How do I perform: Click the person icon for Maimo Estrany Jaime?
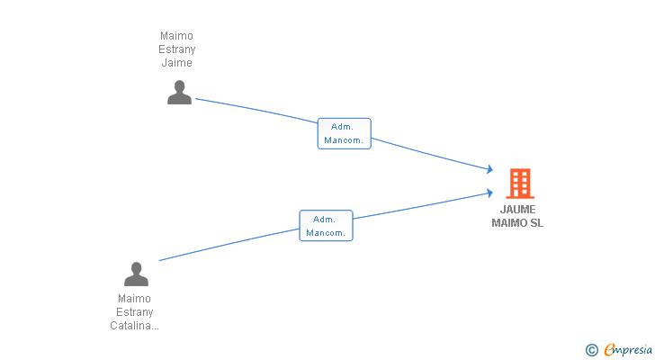(x=180, y=93)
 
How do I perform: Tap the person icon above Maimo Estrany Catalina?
(x=136, y=274)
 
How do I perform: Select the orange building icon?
(x=520, y=184)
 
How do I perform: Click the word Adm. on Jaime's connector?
(x=342, y=127)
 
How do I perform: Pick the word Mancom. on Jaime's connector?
(x=344, y=140)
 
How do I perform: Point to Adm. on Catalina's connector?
(x=324, y=220)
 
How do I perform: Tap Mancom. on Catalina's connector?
(x=326, y=233)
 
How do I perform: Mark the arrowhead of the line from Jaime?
(x=490, y=169)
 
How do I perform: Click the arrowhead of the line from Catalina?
(x=490, y=193)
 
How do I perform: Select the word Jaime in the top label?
(x=177, y=63)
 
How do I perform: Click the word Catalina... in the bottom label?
(x=135, y=326)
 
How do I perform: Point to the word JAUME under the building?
(x=518, y=210)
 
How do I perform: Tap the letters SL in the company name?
(x=537, y=223)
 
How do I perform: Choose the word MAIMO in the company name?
(x=509, y=223)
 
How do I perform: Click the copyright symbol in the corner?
(x=592, y=350)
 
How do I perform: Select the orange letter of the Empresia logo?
(x=610, y=349)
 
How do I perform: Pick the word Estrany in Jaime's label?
(x=177, y=49)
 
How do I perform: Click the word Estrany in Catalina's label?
(x=135, y=312)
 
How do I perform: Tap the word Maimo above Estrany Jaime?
(x=176, y=36)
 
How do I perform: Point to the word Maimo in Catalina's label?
(x=135, y=299)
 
